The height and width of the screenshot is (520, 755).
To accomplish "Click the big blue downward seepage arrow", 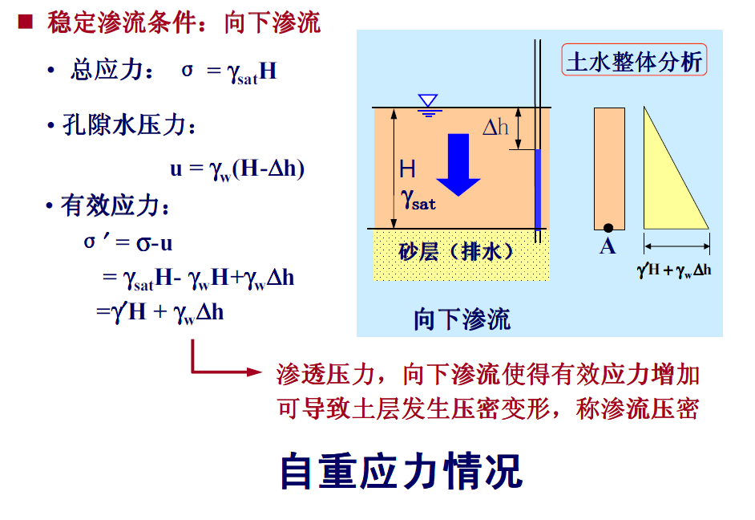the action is click(458, 164).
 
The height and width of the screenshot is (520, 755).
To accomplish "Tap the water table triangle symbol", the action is click(429, 102).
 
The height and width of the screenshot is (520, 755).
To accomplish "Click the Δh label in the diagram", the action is click(495, 126).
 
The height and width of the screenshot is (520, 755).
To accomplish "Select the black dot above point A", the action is click(608, 228).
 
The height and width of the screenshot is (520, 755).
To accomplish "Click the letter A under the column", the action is click(608, 246).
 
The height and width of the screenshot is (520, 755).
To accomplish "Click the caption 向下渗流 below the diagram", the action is click(462, 319).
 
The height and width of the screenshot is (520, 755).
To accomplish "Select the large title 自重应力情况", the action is click(401, 471).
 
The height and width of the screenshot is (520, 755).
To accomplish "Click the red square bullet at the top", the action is click(25, 22).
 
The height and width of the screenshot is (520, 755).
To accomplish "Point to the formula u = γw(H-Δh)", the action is click(237, 169).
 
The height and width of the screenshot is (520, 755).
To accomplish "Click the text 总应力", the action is click(105, 71).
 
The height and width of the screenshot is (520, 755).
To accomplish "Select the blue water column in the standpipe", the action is click(538, 189).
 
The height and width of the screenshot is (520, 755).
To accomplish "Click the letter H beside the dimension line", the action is click(408, 169).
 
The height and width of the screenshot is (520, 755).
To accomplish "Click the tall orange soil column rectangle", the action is click(609, 169).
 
